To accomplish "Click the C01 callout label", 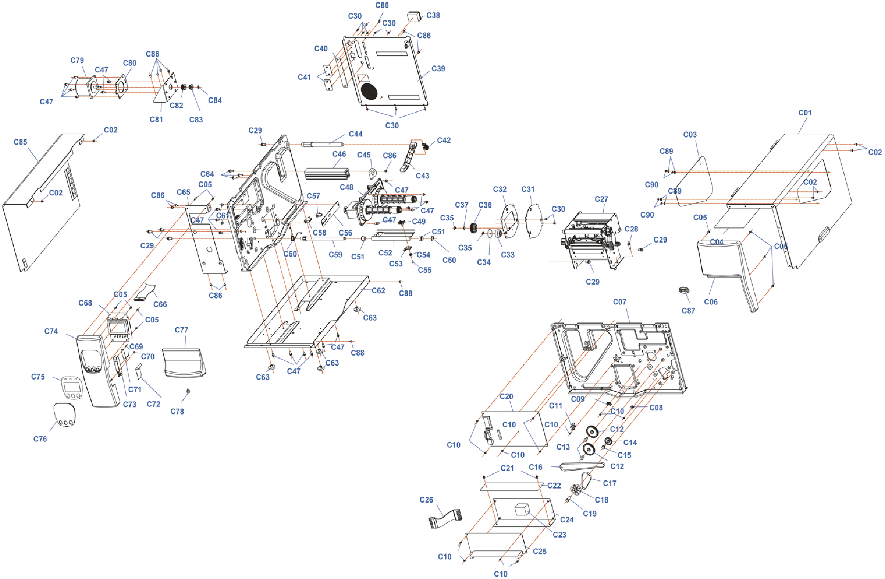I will click(805, 113).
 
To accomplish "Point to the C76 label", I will click(40, 439).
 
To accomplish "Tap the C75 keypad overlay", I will click(71, 387).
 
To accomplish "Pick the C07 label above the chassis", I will click(620, 302).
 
